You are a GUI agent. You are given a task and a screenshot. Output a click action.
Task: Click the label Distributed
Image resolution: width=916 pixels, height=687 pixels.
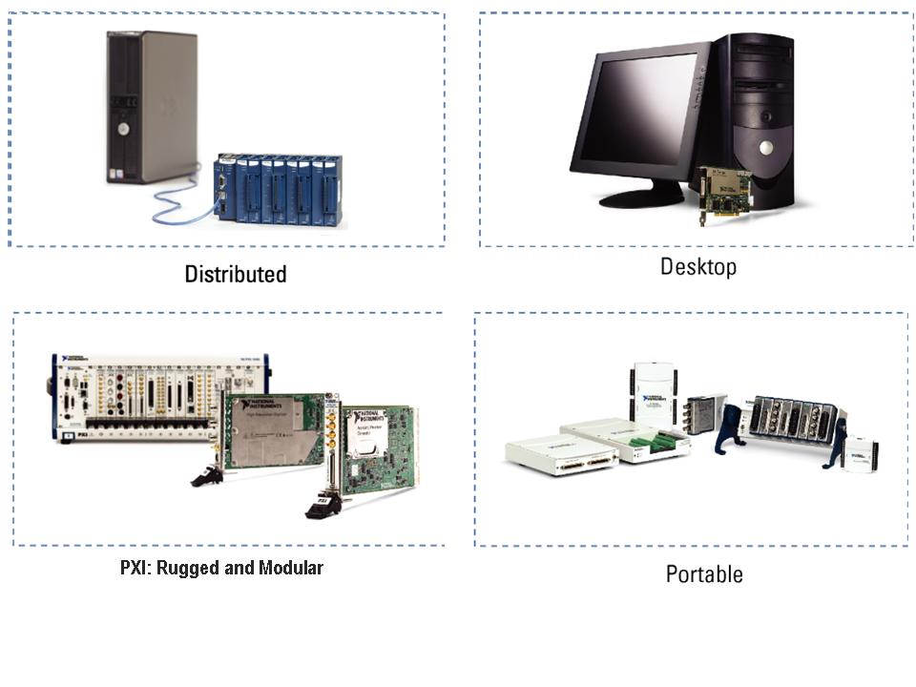[235, 274]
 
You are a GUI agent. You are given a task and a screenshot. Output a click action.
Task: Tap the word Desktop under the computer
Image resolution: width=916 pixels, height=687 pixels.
[698, 266]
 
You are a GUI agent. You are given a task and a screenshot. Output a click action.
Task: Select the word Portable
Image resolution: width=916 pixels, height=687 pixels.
[704, 574]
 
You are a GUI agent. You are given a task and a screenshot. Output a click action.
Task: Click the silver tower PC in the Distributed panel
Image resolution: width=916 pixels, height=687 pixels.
[153, 105]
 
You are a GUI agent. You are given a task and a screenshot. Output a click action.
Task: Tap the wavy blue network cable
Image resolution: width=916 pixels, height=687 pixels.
[181, 205]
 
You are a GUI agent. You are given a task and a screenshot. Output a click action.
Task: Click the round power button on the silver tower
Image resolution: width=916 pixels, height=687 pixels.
[123, 127]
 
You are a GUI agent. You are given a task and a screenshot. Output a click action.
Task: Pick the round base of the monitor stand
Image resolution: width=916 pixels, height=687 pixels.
[641, 198]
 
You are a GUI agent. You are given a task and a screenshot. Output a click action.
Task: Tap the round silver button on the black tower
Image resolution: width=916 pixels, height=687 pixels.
[765, 147]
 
